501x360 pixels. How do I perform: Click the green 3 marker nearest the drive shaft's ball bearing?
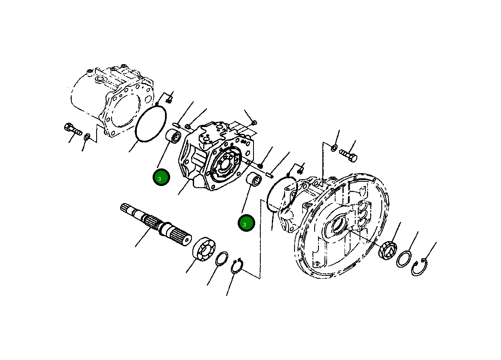(246, 224)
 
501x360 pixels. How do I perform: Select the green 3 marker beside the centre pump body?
(161, 178)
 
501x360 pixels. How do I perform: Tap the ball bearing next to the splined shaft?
(204, 249)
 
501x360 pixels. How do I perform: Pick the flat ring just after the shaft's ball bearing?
(221, 259)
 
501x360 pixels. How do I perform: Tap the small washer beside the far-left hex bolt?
(87, 137)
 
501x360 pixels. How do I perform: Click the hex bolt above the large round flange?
(348, 154)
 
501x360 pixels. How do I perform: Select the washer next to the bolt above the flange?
(333, 148)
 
